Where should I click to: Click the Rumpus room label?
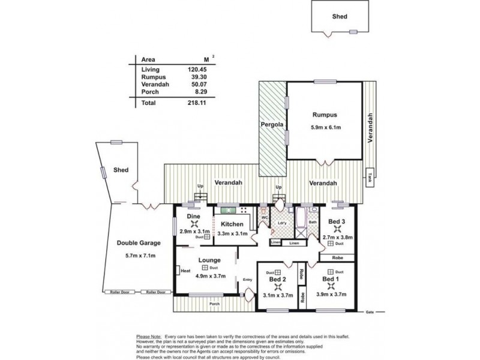point(324,115)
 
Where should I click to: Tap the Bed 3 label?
point(337,221)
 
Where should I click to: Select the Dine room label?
point(193,216)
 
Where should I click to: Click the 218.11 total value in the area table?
point(197,103)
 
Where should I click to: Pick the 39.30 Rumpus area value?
point(197,77)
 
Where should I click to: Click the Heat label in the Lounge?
point(185,271)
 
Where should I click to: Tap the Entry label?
point(248,279)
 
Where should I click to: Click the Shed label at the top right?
point(340,17)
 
